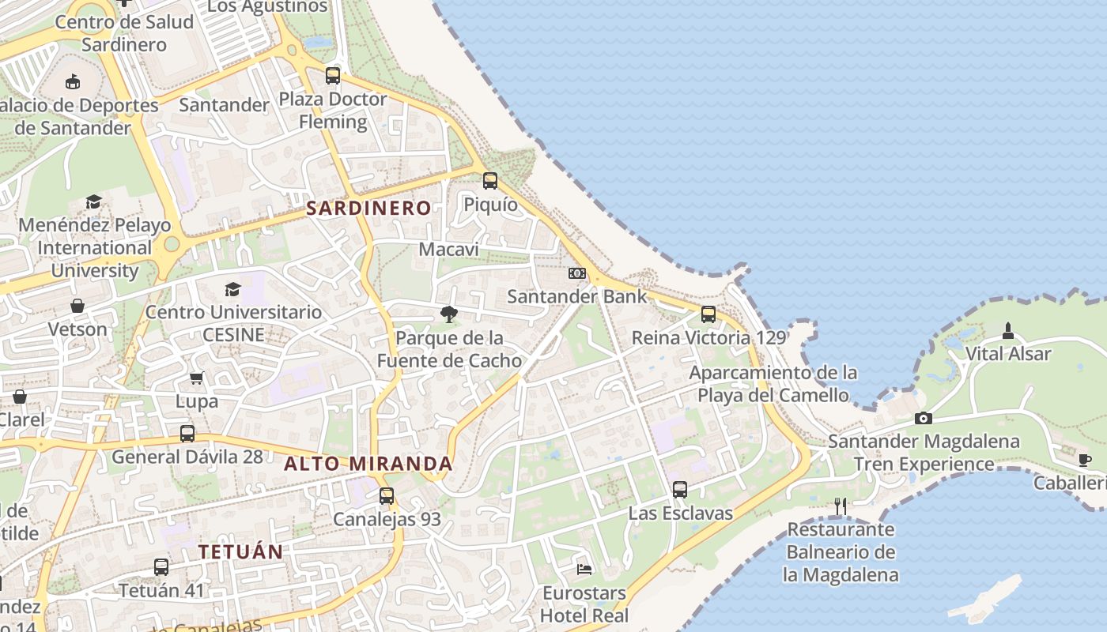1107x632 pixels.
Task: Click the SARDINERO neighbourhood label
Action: coord(368,209)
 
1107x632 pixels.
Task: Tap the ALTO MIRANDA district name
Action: coord(368,464)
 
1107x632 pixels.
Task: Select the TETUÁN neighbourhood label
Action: coord(240,551)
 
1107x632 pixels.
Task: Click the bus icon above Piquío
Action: coord(490,181)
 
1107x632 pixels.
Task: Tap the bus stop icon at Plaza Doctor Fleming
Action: coord(333,76)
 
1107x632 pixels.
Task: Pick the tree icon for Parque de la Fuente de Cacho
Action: coord(449,314)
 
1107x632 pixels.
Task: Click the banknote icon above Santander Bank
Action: coord(577,273)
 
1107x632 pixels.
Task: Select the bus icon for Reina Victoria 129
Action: coord(708,314)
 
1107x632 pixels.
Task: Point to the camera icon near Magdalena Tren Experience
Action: coord(924,418)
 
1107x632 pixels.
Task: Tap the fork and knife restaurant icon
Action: coord(841,506)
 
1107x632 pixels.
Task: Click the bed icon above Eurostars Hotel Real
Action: coord(584,569)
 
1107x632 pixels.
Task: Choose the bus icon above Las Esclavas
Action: coord(680,490)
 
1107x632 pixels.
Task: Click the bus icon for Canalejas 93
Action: coord(387,496)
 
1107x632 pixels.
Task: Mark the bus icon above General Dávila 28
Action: coord(187,434)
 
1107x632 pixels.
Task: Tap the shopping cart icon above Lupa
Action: coord(196,378)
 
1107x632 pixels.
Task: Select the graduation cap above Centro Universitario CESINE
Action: coord(232,289)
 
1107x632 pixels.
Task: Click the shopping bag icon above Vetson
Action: coord(77,306)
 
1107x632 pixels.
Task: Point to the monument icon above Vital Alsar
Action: coord(1008,330)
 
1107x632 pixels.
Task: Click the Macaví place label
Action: coord(449,250)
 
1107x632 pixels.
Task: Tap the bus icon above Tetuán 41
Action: coord(161,567)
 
